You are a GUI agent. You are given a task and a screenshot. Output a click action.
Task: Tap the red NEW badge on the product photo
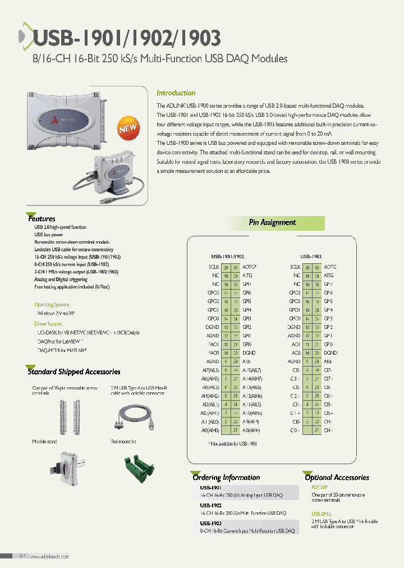click(x=128, y=129)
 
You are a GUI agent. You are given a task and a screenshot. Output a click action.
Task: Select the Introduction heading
click(x=176, y=93)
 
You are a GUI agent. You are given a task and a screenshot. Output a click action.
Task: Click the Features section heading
click(x=42, y=218)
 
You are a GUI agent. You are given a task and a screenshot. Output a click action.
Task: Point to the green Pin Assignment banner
click(x=272, y=223)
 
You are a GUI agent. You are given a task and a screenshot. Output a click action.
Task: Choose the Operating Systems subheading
click(x=52, y=304)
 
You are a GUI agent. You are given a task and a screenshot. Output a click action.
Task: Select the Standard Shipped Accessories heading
click(x=74, y=372)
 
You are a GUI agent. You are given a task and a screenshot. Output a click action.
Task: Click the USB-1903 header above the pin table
click(x=311, y=255)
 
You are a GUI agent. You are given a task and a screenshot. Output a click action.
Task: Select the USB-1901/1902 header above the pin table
click(x=227, y=255)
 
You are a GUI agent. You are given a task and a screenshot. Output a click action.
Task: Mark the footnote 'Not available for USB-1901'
click(x=232, y=443)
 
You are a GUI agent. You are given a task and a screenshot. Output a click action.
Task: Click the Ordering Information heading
click(x=226, y=478)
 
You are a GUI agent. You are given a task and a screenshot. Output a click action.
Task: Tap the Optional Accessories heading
click(x=337, y=478)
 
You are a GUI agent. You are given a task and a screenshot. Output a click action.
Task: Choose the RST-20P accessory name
click(x=319, y=488)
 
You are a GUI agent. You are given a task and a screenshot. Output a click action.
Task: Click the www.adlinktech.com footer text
click(x=49, y=556)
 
